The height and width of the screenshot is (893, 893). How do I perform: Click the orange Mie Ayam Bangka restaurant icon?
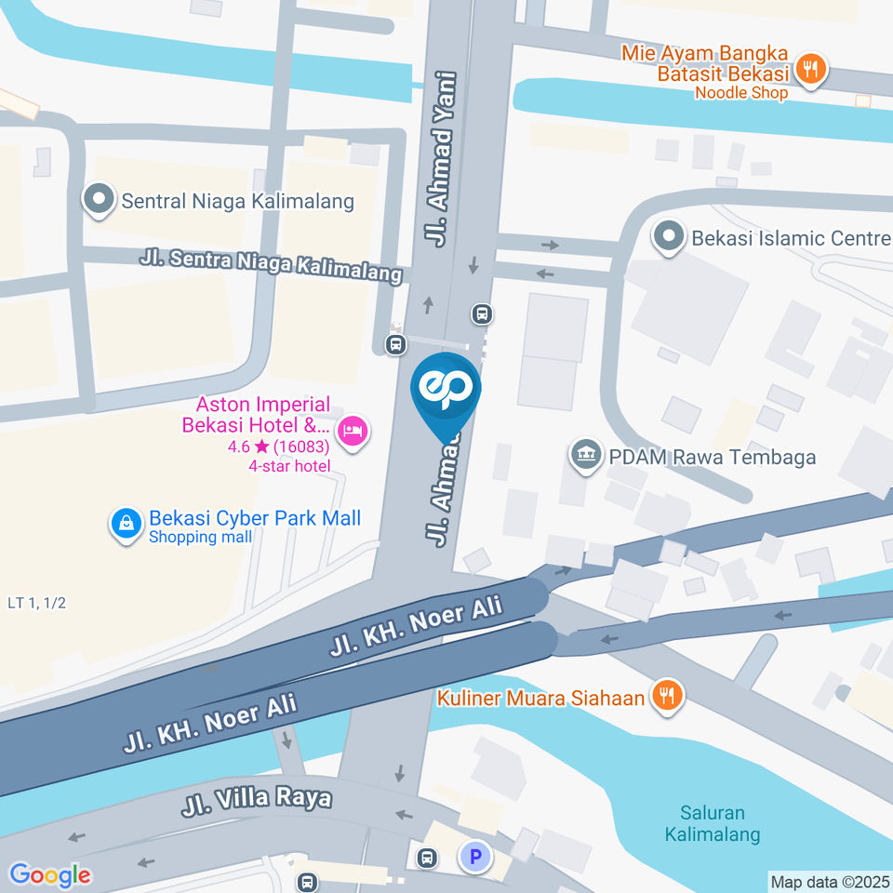(x=812, y=69)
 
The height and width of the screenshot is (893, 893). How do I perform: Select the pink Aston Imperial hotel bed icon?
(x=353, y=431)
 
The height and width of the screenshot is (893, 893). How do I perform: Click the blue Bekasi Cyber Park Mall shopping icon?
(x=125, y=525)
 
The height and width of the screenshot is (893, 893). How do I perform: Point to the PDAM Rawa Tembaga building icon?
(x=585, y=457)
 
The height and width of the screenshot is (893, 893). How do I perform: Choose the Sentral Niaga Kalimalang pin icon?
(x=99, y=200)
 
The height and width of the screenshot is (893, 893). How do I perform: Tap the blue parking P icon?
(x=475, y=858)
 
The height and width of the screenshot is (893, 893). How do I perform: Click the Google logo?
(x=50, y=874)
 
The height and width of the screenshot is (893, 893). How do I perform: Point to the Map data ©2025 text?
(x=830, y=881)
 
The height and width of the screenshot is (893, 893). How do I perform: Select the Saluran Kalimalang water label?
(x=713, y=824)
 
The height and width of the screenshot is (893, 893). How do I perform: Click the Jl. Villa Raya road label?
(x=257, y=800)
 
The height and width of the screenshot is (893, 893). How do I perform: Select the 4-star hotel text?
(x=289, y=465)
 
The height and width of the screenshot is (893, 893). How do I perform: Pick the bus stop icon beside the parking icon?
(x=427, y=857)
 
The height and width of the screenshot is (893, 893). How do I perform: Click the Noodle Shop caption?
(x=741, y=92)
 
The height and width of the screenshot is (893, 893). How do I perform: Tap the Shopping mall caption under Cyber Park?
(x=200, y=537)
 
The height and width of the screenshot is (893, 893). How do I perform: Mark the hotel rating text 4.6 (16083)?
(x=279, y=447)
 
